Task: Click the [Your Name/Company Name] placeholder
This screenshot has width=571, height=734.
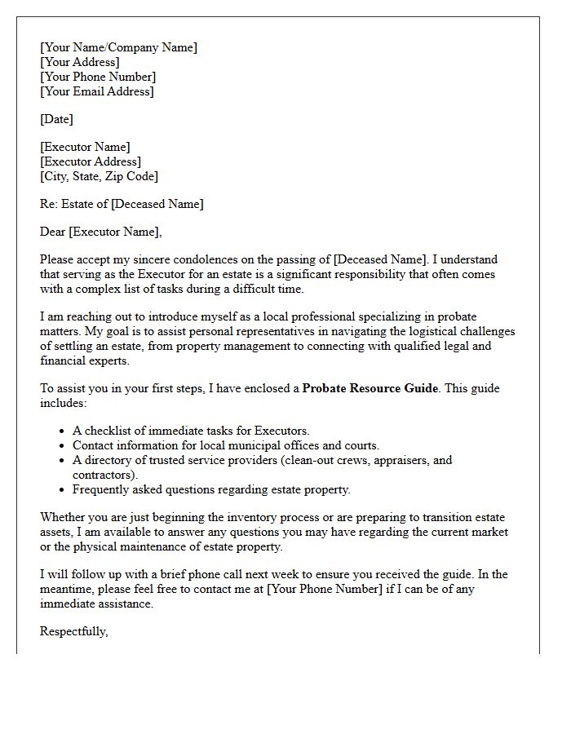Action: pyautogui.click(x=118, y=47)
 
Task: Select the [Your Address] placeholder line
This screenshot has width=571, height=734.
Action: pyautogui.click(x=79, y=62)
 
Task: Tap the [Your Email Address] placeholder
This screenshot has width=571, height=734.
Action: pyautogui.click(x=96, y=91)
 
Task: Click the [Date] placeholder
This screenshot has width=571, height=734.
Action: pyautogui.click(x=56, y=119)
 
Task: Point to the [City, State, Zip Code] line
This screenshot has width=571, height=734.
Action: pyautogui.click(x=99, y=176)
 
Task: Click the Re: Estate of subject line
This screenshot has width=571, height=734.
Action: pyautogui.click(x=122, y=204)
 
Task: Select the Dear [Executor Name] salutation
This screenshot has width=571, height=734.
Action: pyautogui.click(x=101, y=232)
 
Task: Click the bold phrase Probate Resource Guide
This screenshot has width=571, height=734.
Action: pyautogui.click(x=370, y=388)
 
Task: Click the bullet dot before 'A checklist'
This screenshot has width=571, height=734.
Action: pyautogui.click(x=63, y=431)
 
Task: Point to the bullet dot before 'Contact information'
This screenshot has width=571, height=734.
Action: pyautogui.click(x=63, y=446)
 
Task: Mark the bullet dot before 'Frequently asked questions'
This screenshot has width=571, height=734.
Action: pyautogui.click(x=63, y=490)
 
